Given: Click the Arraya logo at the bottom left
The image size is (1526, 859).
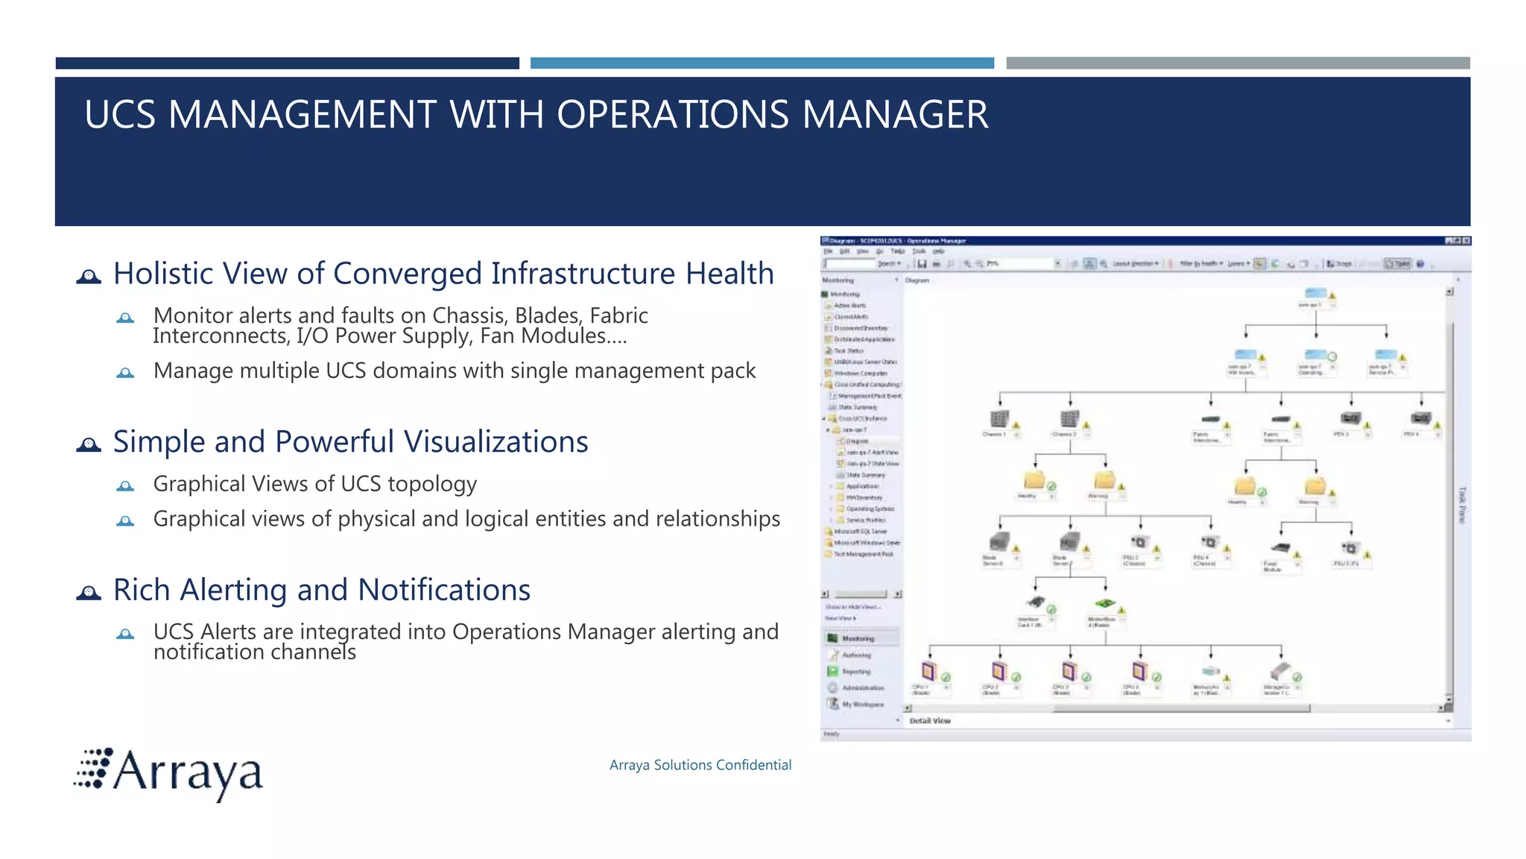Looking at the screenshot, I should [x=170, y=773].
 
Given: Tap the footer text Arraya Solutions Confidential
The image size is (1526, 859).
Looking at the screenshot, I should [x=700, y=765].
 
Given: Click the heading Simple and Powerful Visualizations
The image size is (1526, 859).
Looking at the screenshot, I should [x=350, y=442].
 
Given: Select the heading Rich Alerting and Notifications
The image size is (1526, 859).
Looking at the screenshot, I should [x=321, y=590].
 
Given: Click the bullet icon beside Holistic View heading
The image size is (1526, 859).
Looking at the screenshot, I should [x=89, y=277].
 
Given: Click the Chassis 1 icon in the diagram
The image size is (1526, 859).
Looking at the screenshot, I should [x=998, y=420].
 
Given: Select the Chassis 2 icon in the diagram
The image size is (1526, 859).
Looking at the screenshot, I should [x=1068, y=420].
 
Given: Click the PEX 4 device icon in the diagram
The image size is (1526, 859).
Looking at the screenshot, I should [x=1419, y=419].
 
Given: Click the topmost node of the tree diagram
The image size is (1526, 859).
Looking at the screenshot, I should [x=1315, y=294].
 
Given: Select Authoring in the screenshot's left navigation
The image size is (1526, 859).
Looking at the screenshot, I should [x=855, y=655].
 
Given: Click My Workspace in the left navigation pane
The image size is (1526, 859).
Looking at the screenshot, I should [x=862, y=705].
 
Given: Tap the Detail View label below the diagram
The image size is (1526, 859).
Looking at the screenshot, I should [x=930, y=721].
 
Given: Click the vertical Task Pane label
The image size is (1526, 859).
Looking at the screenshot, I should [x=1461, y=505].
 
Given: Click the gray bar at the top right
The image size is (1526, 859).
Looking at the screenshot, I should [x=1238, y=63].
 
